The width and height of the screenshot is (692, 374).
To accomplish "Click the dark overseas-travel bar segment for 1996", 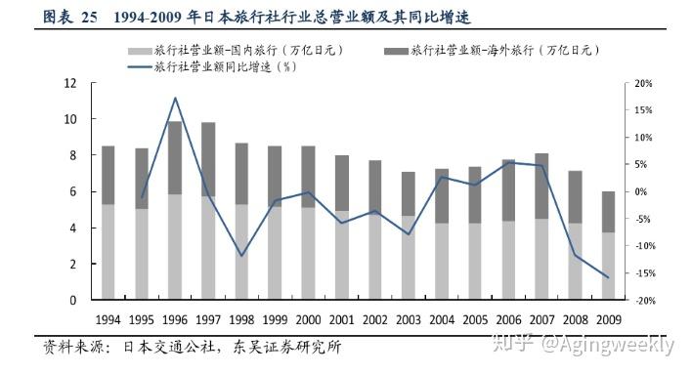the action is pyautogui.click(x=175, y=158).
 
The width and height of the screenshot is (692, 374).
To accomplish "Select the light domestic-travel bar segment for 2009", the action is pyautogui.click(x=609, y=266).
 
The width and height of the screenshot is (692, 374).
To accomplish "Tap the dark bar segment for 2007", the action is pyautogui.click(x=541, y=187).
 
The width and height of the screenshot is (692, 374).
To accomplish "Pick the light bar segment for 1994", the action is pyautogui.click(x=108, y=252).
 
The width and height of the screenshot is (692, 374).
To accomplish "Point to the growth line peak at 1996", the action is pyautogui.click(x=175, y=98).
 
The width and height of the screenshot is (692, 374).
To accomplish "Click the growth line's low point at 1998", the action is pyautogui.click(x=241, y=256).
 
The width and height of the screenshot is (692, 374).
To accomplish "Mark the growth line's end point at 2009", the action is pyautogui.click(x=608, y=277).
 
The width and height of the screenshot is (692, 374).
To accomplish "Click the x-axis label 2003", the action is pyautogui.click(x=409, y=319).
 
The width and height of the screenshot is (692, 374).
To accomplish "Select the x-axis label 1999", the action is pyautogui.click(x=275, y=319).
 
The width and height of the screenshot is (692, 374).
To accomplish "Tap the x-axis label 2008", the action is pyautogui.click(x=575, y=319).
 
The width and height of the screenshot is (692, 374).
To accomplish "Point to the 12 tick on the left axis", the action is pyautogui.click(x=70, y=83).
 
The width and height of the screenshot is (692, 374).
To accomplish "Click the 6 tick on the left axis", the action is pyautogui.click(x=73, y=191).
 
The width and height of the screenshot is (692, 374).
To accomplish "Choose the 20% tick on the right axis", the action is pyautogui.click(x=643, y=83).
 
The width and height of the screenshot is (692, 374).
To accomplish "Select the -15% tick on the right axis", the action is pyautogui.click(x=643, y=273).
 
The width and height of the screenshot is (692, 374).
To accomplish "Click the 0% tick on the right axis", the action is pyautogui.click(x=641, y=191).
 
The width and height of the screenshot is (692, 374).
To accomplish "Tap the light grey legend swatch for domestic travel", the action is pyautogui.click(x=140, y=51).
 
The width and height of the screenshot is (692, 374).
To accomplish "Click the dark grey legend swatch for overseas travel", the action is pyautogui.click(x=396, y=51).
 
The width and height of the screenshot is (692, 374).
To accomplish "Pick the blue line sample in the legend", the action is pyautogui.click(x=140, y=67).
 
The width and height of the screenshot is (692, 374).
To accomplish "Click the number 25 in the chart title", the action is pyautogui.click(x=89, y=18).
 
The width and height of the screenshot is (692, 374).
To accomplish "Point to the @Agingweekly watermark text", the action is pyautogui.click(x=608, y=344).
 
